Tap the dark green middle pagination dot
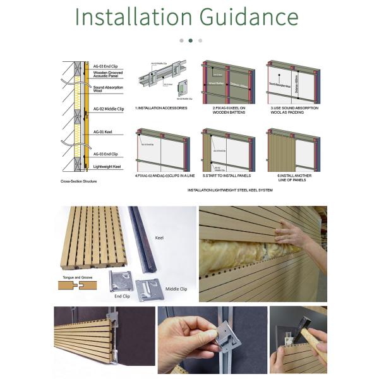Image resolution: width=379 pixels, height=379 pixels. (190, 40)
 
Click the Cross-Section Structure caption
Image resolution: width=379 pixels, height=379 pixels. (79, 181)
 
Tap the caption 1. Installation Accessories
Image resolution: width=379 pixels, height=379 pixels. (162, 108)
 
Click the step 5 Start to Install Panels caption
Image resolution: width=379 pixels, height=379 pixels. (228, 176)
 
